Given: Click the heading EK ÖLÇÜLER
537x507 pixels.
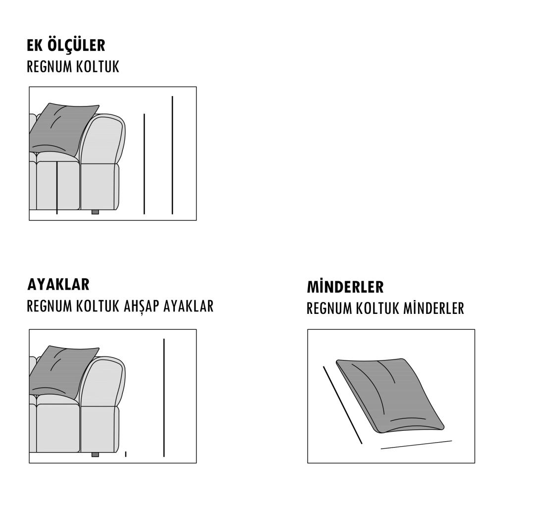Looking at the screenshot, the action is point(66,45).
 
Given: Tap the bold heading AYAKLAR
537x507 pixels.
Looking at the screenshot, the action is point(58,284).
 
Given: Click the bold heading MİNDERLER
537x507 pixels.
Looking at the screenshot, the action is point(345,287).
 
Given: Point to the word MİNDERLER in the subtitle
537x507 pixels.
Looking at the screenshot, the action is point(433,308).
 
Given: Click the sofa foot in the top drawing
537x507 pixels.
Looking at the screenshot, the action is point(95,212).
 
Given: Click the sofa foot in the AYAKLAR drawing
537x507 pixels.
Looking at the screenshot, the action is point(95,455).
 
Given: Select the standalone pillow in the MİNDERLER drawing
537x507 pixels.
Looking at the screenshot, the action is point(390,396).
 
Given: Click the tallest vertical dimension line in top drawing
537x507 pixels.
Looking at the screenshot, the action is point(172,155).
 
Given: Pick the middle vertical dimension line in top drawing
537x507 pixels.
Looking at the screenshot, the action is point(144,164).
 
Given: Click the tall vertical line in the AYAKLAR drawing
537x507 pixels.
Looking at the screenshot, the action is point(164,398).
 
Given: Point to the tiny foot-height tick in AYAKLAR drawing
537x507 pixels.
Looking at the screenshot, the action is point(126,455).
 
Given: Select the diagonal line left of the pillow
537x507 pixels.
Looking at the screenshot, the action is point(342,406).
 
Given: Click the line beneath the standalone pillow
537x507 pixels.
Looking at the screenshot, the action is point(417,445).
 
